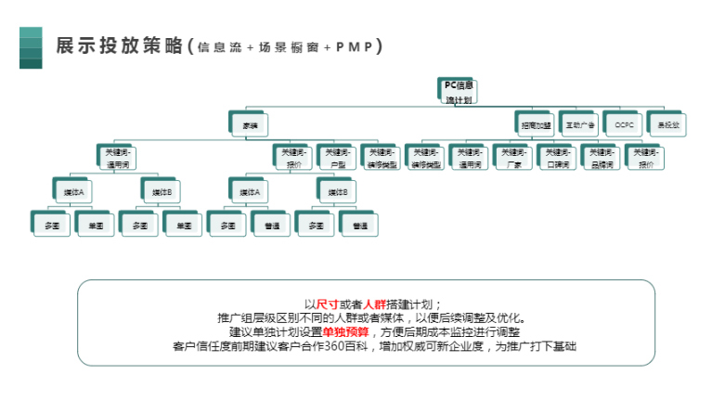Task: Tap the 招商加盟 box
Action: (536, 123)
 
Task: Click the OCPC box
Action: (624, 123)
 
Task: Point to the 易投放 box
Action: (668, 123)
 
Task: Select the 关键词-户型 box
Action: (338, 158)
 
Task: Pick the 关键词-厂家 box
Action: (513, 158)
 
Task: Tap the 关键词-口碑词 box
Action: (558, 158)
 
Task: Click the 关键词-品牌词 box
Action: (602, 158)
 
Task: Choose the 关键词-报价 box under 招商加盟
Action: (646, 158)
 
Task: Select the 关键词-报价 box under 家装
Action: (294, 158)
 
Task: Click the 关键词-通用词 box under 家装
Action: (118, 158)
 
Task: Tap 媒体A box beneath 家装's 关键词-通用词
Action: (73, 192)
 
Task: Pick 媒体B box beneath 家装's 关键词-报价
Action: (339, 192)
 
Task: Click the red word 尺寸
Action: (327, 304)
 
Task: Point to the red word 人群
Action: (374, 304)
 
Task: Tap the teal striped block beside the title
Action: (31, 47)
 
